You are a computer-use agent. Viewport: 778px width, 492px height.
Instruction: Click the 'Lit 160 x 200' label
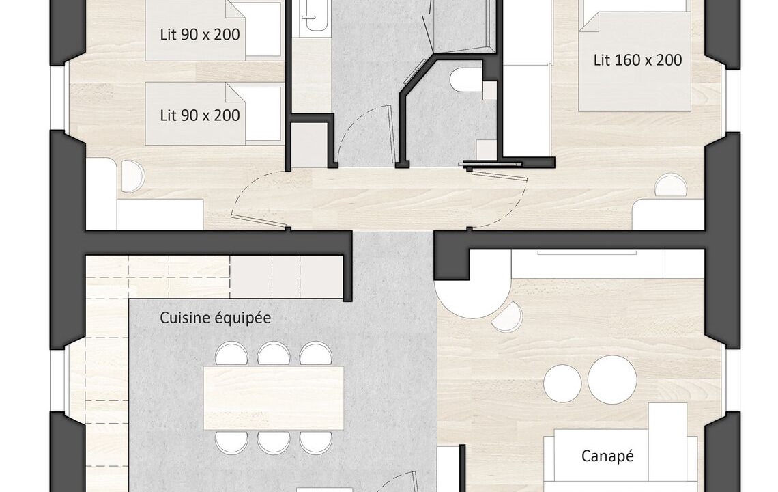click(x=637, y=60)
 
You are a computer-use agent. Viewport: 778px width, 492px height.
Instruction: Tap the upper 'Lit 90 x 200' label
click(x=200, y=34)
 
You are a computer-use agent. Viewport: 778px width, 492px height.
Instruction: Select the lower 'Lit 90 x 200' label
click(x=200, y=115)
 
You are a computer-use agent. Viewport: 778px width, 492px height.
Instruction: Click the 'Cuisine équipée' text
click(x=216, y=318)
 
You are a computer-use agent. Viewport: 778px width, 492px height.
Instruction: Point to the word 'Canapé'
click(x=607, y=456)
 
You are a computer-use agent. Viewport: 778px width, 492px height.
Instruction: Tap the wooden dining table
click(x=274, y=398)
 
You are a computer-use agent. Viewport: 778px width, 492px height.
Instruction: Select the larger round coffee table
click(x=612, y=380)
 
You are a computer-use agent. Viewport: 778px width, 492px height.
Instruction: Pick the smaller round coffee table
click(x=562, y=383)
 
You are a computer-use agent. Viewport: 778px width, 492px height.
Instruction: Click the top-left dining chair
click(x=232, y=354)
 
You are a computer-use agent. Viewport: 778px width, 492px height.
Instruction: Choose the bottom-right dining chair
click(x=316, y=442)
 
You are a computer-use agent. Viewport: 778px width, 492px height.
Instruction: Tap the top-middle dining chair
click(x=274, y=354)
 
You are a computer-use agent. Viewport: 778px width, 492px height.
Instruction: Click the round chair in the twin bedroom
click(x=132, y=176)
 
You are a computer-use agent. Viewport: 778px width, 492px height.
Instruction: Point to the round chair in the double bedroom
click(x=671, y=185)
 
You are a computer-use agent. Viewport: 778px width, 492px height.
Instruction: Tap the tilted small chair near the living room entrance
click(x=507, y=316)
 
